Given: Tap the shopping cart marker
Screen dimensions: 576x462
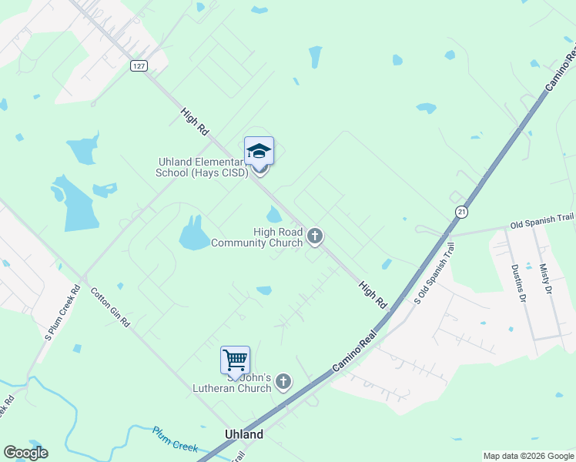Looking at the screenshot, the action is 235,360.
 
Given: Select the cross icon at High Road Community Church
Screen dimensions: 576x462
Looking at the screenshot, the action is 314,236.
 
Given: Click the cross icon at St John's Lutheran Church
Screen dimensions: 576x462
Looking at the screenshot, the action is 283,381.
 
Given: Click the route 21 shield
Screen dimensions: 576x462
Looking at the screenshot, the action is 461,211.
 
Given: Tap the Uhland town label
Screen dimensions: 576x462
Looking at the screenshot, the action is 243,434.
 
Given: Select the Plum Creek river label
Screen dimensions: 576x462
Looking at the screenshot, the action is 176,440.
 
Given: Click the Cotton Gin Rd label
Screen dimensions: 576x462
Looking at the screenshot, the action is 111,307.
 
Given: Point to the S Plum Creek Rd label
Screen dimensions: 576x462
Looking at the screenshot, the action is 62,313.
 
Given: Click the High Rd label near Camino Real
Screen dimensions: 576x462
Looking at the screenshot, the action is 372,295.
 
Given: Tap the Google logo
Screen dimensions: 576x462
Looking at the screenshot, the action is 25,453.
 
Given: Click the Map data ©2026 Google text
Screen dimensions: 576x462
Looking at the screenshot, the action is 528,456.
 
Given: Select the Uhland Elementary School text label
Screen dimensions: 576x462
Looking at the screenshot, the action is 203,167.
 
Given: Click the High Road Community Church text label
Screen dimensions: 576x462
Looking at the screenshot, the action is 256,237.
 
